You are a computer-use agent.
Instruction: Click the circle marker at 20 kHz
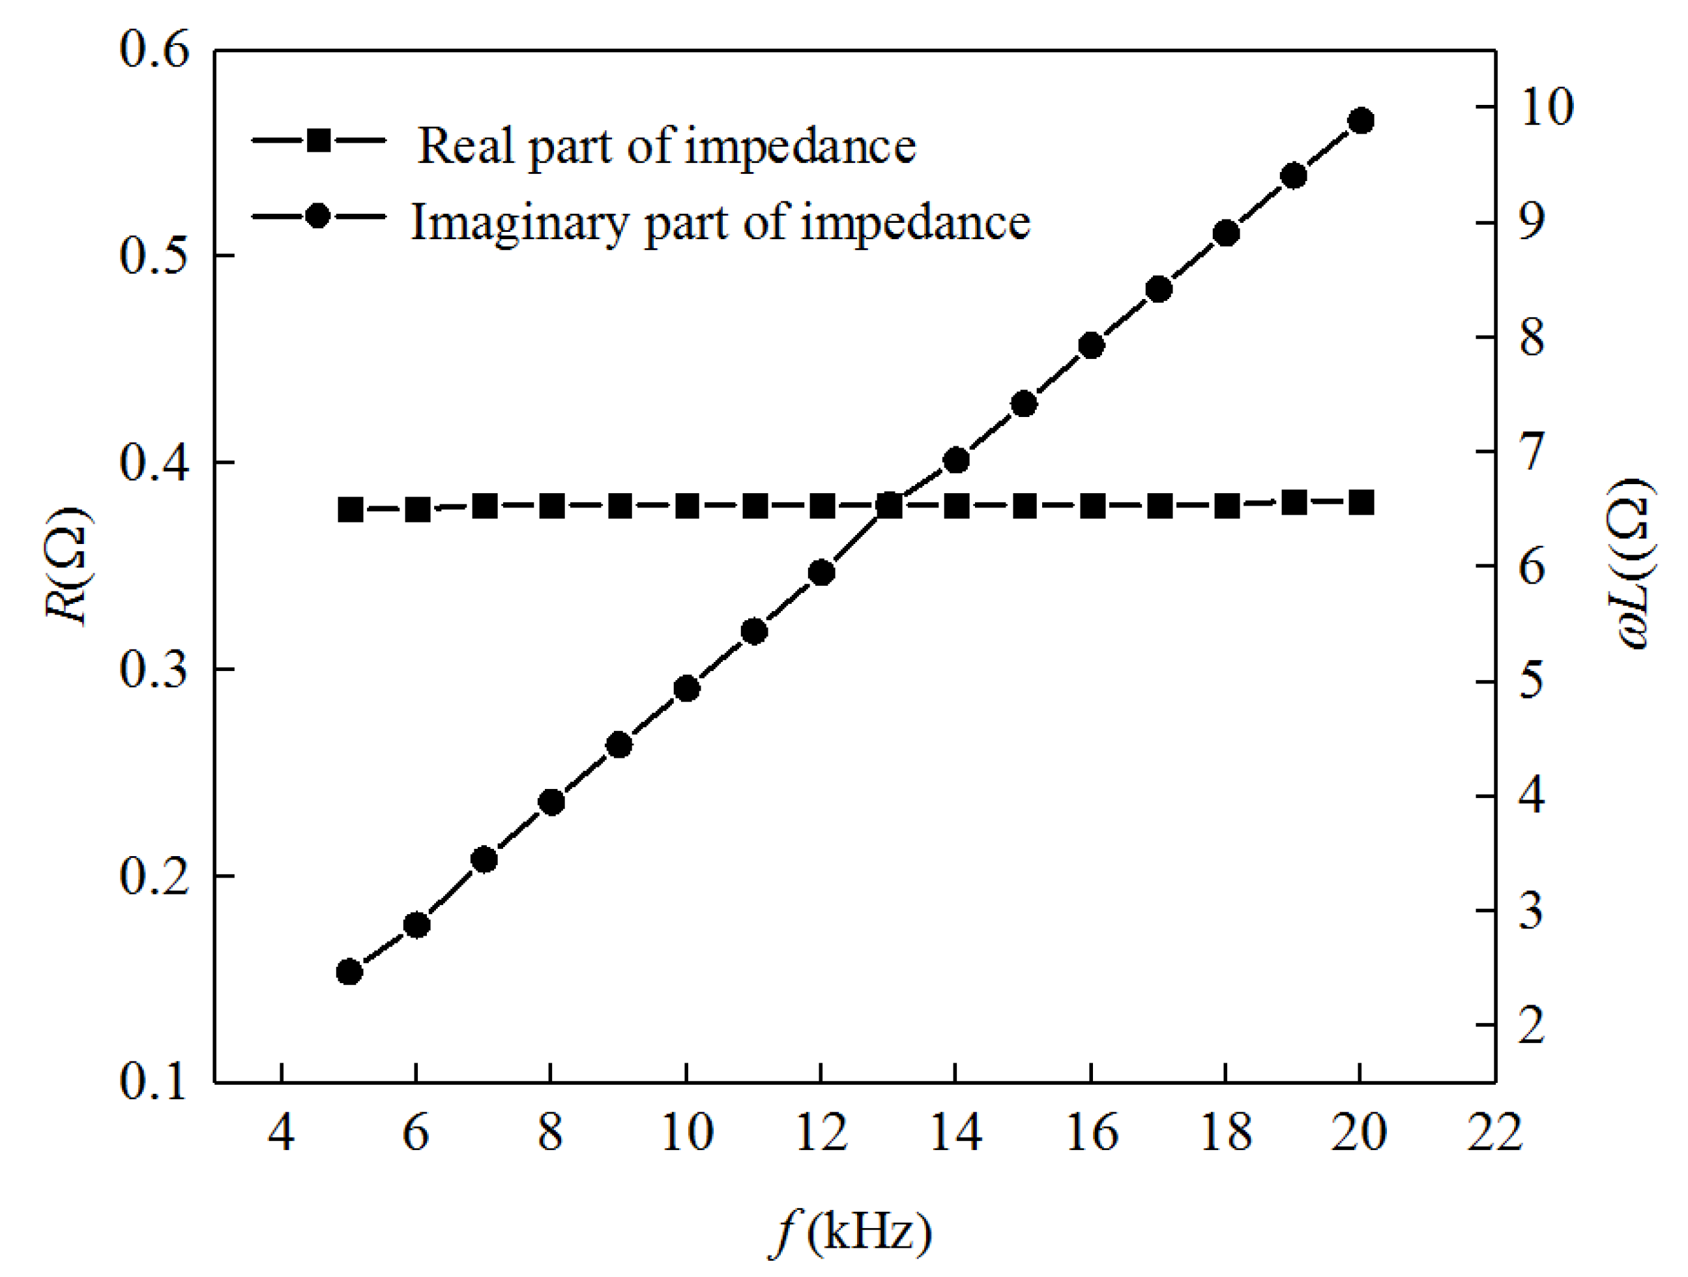[1361, 121]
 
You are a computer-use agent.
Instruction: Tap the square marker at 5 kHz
[350, 509]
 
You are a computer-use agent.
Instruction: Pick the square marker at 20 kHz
[1361, 504]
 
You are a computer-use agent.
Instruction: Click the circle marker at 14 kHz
[956, 460]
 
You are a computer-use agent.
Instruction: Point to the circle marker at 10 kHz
[687, 689]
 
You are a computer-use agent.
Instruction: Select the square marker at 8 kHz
[552, 506]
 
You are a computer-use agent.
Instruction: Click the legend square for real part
[319, 140]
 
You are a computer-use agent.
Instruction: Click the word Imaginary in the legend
[519, 223]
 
